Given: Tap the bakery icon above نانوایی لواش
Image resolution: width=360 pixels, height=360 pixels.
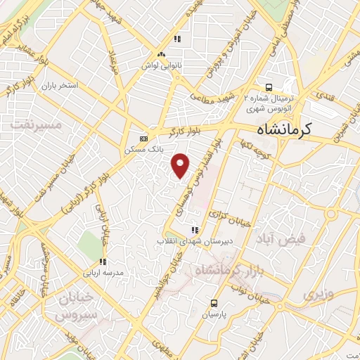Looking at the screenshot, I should [162, 54].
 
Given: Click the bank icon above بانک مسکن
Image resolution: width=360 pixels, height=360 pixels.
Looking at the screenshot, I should [143, 139].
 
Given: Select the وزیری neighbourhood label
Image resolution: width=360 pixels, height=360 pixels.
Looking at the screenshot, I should [315, 292].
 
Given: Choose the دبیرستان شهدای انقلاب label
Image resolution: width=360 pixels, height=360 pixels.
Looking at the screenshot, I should [193, 241].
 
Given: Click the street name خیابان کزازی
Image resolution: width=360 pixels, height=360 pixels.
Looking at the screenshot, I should [234, 217].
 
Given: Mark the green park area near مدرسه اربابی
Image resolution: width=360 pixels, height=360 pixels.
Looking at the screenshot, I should [90, 244].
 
